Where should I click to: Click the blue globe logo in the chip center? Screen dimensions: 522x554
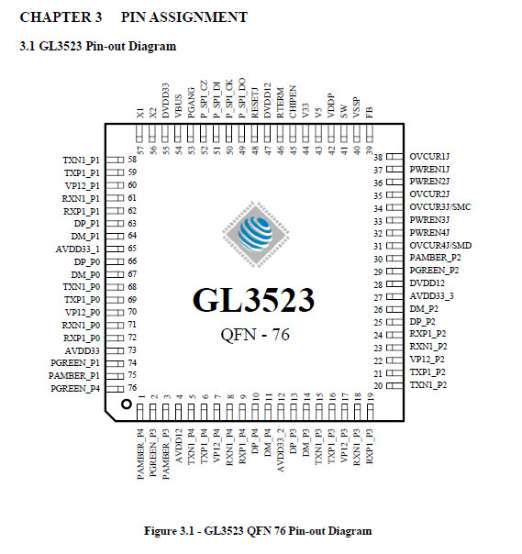pos(255,234)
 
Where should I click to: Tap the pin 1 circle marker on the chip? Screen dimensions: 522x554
pos(127,404)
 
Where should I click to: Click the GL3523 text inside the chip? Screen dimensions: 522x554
pos(253,300)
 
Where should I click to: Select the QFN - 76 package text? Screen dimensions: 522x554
pos(255,335)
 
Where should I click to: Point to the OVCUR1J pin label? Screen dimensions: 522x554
pos(429,156)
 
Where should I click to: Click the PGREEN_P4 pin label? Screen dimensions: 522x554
pos(75,388)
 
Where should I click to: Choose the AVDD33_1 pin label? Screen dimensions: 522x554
pos(77,249)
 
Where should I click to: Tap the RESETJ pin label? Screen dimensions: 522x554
pos(254,103)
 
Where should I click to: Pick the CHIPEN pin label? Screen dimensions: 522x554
pos(293,102)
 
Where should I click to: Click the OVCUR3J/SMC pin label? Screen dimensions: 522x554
pos(440,206)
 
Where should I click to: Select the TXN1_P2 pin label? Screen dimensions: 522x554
pos(428,384)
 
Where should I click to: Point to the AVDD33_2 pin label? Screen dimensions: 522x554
pos(280,450)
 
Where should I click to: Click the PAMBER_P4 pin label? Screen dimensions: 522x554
pos(140,454)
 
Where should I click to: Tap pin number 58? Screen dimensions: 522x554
pos(132,160)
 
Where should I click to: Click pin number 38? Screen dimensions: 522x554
pos(378,157)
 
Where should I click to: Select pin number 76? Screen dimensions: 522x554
pos(132,388)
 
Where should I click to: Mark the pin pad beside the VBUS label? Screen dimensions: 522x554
pos(178,133)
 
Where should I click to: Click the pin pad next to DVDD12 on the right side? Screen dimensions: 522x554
pos(394,283)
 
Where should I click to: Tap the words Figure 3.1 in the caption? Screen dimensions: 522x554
pos(169,531)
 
